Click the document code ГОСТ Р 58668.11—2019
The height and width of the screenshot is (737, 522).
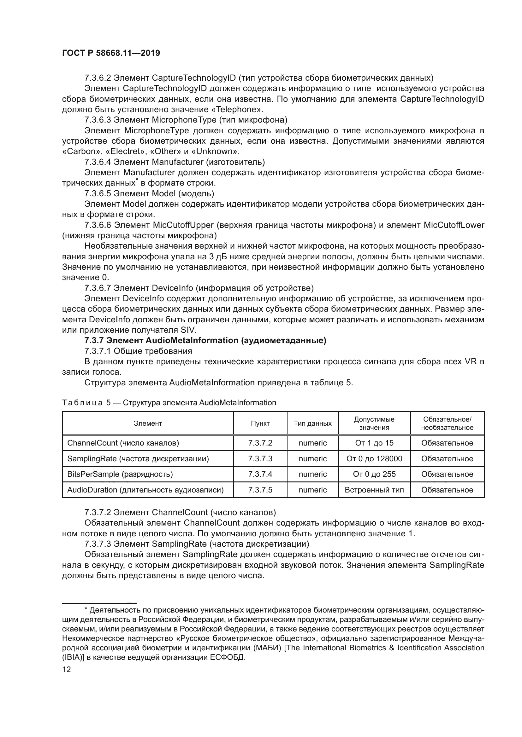(111, 53)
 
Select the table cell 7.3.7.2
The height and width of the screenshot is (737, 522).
(260, 443)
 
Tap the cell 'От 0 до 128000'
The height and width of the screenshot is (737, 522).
(374, 459)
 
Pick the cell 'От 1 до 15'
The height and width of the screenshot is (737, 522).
(374, 443)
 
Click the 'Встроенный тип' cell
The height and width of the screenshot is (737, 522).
(374, 490)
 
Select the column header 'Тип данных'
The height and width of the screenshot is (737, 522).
(312, 423)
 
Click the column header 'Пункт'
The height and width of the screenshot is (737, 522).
(260, 423)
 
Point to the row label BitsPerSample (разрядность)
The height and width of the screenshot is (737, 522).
(120, 474)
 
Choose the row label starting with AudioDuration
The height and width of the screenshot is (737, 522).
(145, 490)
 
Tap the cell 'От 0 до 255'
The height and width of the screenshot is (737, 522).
(374, 474)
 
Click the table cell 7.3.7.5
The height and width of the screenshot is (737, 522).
(260, 490)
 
